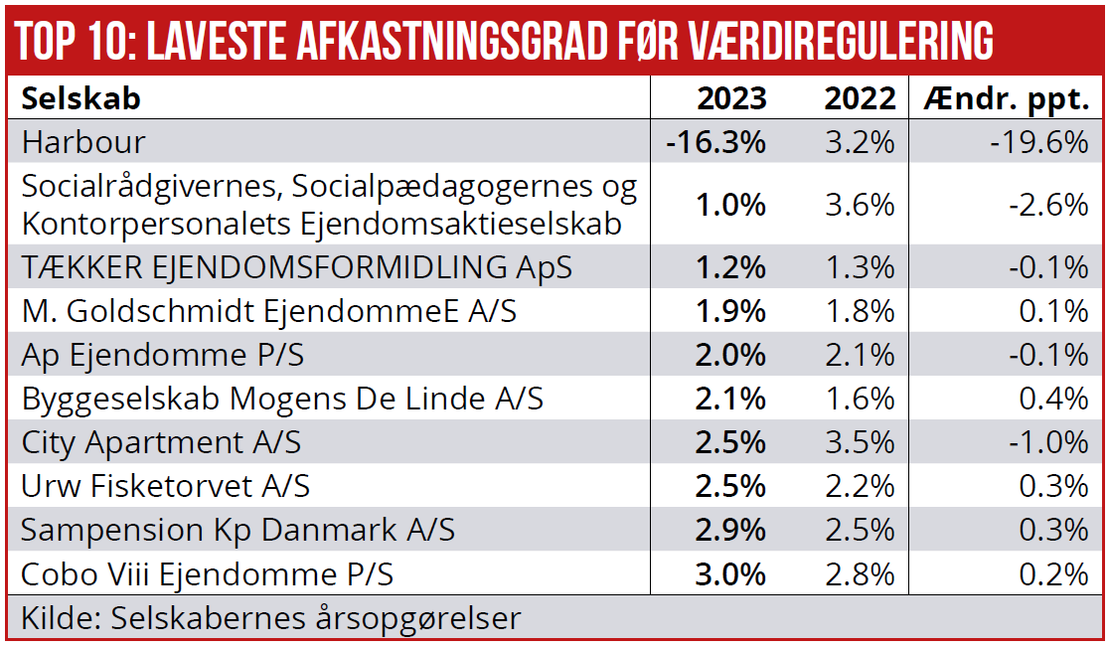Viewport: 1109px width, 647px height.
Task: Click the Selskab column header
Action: pyautogui.click(x=80, y=98)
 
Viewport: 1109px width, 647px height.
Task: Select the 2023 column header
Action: pyautogui.click(x=731, y=98)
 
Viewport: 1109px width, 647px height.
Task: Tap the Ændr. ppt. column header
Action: pyautogui.click(x=1006, y=98)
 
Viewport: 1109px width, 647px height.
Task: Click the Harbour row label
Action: pyautogui.click(x=83, y=142)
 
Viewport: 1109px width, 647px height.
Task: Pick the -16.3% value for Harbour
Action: pyautogui.click(x=716, y=142)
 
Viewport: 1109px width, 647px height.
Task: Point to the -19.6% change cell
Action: pyautogui.click(x=1039, y=142)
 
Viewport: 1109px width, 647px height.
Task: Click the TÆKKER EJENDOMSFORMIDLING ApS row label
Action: pyautogui.click(x=296, y=267)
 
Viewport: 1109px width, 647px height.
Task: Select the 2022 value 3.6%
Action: pyautogui.click(x=861, y=205)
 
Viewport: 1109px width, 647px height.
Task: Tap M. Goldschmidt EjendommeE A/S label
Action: pyautogui.click(x=269, y=311)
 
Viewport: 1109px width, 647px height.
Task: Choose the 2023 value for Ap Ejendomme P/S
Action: pyautogui.click(x=730, y=355)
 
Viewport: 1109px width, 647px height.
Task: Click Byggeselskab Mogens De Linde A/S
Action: pyautogui.click(x=282, y=399)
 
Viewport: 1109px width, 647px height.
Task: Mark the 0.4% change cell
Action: pyautogui.click(x=1055, y=399)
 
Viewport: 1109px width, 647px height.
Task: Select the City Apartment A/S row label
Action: pyautogui.click(x=161, y=442)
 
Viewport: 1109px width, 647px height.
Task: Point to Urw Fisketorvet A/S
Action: pyautogui.click(x=165, y=486)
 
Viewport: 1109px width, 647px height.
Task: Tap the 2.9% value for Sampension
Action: pyautogui.click(x=730, y=530)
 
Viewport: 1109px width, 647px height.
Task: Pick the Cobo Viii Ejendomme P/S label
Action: pyautogui.click(x=207, y=574)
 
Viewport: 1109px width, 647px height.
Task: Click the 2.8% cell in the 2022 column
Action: pyautogui.click(x=861, y=574)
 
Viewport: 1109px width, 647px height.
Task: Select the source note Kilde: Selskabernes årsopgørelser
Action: pyautogui.click(x=270, y=618)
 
